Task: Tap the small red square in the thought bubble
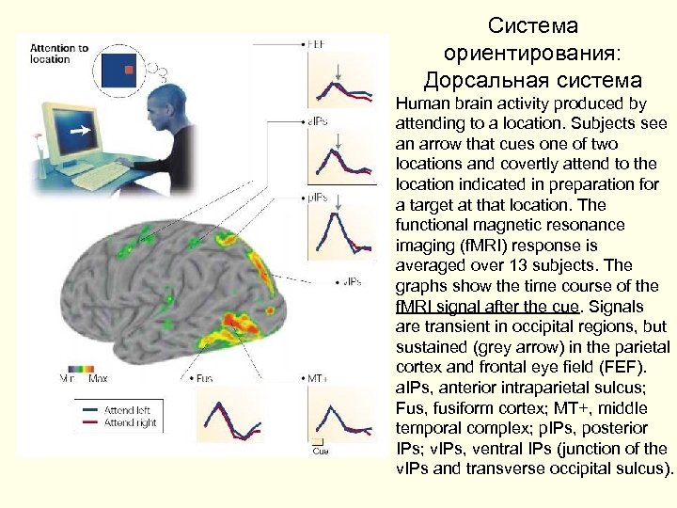130,71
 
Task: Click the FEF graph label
316,44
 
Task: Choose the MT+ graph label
316,378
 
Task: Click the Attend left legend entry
127,410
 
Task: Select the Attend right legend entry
129,422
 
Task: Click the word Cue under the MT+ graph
320,452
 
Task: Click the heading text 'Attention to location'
58,54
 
